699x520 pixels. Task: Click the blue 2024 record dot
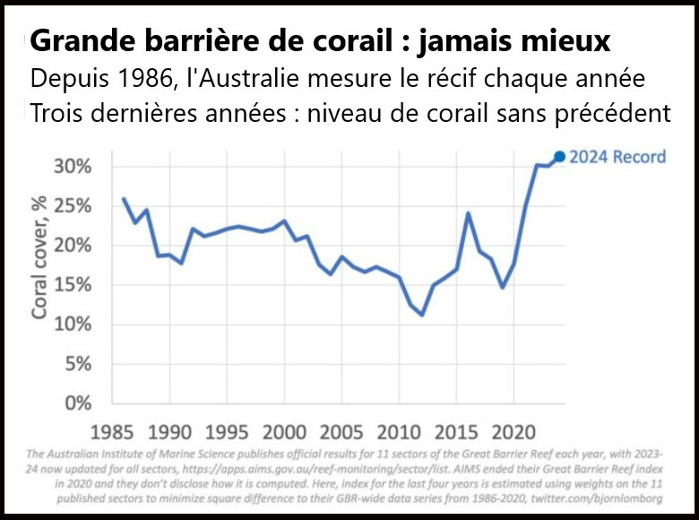560,157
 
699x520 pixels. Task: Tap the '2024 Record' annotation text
619,157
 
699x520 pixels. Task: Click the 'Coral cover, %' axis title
41,260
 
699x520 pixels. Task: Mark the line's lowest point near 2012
421,315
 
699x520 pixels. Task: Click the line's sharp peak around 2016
468,212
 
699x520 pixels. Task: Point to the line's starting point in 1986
124,198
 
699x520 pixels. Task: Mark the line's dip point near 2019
503,288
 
